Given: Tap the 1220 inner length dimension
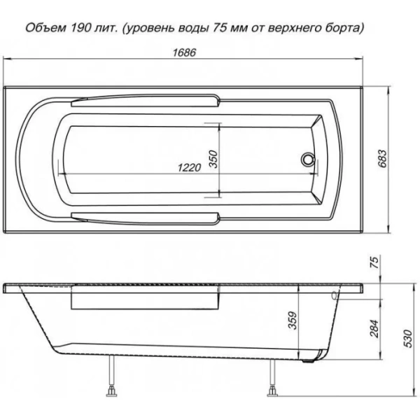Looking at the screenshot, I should [x=188, y=167].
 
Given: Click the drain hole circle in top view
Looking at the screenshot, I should [x=307, y=160].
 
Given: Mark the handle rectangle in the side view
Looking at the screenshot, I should [x=145, y=300].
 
